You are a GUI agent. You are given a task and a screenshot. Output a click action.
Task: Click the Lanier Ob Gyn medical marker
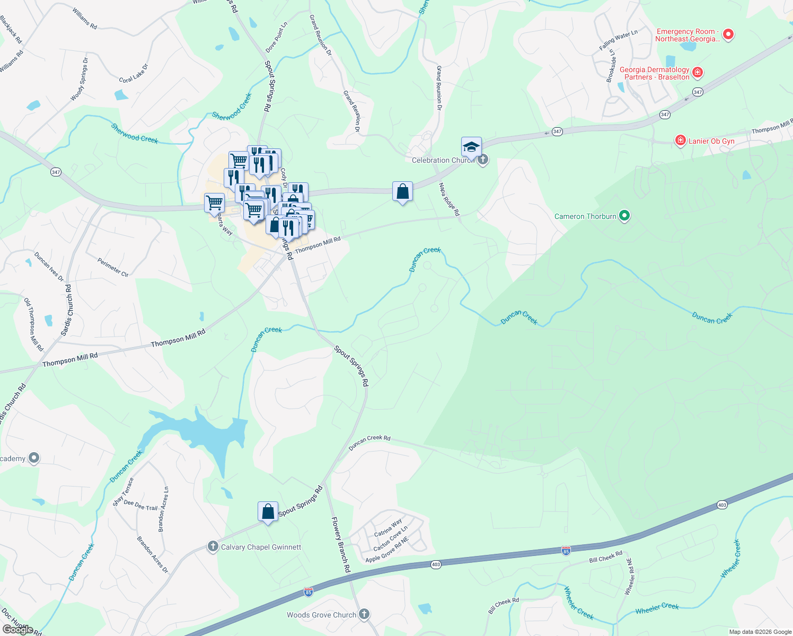tap(680, 140)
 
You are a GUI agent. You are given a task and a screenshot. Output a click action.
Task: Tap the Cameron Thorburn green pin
tap(624, 216)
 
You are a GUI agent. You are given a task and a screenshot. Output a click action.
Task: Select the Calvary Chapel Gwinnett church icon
tap(213, 546)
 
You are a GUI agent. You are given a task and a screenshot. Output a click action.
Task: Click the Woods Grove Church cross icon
tap(364, 614)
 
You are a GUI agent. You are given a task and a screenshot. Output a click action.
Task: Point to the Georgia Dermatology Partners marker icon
tap(698, 72)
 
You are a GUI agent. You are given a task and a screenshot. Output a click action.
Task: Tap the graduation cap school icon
tap(471, 147)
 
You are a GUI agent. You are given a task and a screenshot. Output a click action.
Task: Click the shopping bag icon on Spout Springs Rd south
tap(268, 511)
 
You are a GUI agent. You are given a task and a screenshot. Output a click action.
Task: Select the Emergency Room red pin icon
tap(728, 34)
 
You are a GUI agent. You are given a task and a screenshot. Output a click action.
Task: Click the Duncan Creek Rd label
tap(369, 442)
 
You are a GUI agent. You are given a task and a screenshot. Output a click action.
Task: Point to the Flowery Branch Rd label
tap(341, 544)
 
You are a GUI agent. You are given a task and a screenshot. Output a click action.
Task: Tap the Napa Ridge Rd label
tap(448, 199)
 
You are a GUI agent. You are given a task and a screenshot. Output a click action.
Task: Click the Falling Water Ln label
tap(618, 40)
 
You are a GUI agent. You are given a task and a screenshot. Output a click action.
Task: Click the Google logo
tap(18, 630)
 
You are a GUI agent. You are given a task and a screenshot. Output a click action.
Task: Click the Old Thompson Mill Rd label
tap(33, 324)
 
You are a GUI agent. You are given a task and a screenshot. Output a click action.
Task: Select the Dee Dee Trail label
tap(140, 505)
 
